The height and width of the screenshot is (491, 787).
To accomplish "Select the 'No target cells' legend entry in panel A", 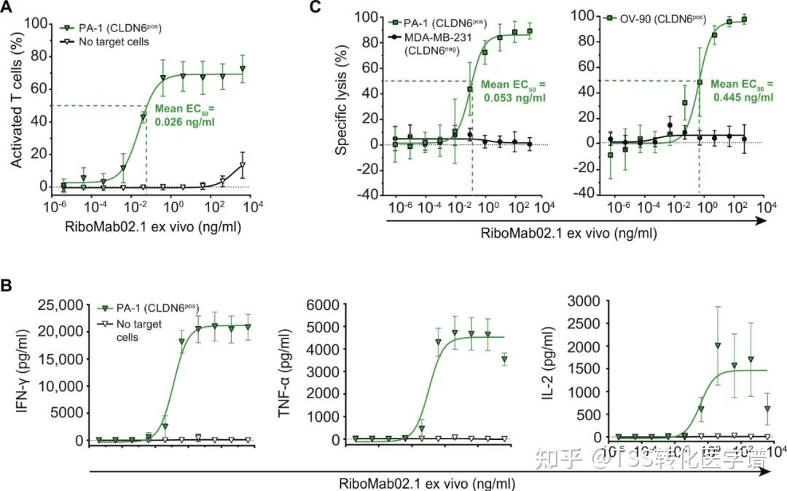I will coord(114,42).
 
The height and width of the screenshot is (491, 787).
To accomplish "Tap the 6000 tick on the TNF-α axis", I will coord(332,304).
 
